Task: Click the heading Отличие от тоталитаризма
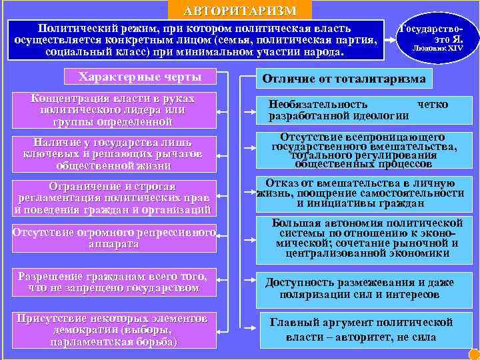[344, 78]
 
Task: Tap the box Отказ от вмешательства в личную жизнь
[361, 193]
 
